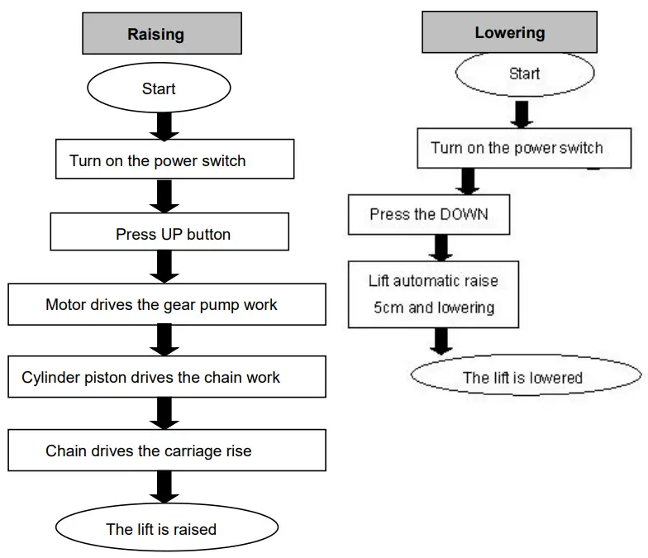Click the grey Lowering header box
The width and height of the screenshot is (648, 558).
coord(509,34)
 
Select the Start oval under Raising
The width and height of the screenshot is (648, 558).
coord(158,88)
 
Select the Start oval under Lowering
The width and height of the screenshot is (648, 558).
coord(524,74)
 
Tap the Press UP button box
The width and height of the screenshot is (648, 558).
coord(169,234)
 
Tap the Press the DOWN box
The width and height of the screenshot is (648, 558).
coord(428,214)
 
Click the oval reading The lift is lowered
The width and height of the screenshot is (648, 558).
coord(522,378)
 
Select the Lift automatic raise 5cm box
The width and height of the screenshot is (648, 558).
coord(433,294)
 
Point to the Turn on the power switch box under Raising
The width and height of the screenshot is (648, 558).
coord(174,160)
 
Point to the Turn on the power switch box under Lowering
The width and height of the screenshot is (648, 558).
coord(517,149)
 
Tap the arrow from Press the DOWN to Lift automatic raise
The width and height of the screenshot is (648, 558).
coord(441,247)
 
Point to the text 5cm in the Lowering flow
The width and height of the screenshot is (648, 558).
coord(388,308)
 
